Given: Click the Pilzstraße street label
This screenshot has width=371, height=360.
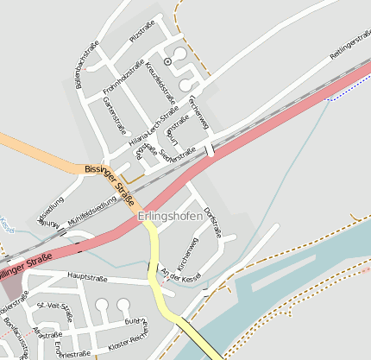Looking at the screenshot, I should [141, 31].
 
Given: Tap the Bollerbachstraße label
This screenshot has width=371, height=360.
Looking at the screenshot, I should [88, 67].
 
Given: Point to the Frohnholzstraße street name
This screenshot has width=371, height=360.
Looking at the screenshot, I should [123, 78].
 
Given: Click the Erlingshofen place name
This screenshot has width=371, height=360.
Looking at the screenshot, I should [170, 216].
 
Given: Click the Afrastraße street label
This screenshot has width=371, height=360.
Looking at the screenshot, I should [48, 334].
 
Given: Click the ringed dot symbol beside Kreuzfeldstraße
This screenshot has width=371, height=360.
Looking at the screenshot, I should [167, 61].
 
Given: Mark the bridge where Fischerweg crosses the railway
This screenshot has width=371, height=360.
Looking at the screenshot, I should [210, 149].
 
